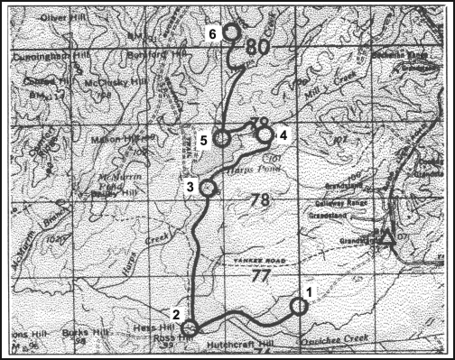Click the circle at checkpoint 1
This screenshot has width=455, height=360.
[300, 307]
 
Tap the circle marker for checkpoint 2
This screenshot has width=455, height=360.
[190, 328]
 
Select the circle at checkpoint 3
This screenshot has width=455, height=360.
[208, 188]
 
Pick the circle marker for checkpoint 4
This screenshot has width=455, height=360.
[265, 134]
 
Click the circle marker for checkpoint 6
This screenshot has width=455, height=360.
[231, 32]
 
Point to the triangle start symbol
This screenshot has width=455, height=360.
[386, 238]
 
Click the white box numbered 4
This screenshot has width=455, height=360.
[283, 135]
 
